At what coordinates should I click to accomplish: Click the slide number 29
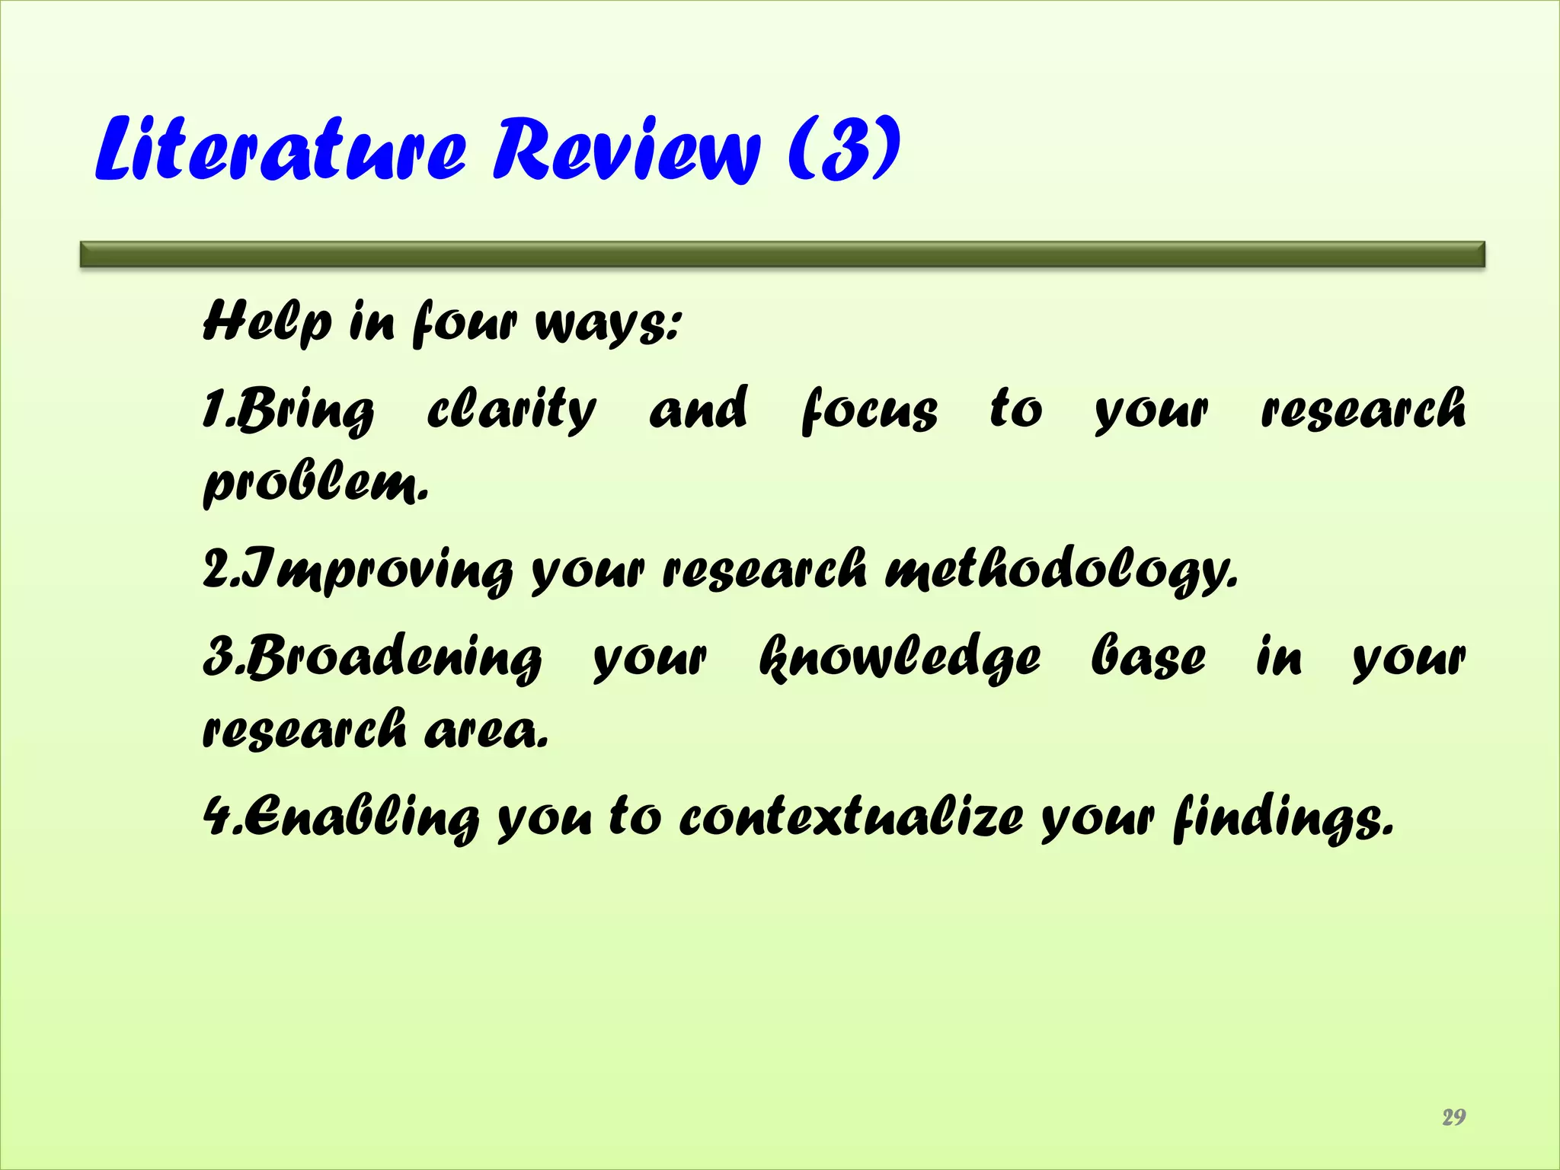[x=1453, y=1117]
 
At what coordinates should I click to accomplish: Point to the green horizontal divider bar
[x=782, y=254]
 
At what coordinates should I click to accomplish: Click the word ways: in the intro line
[x=607, y=324]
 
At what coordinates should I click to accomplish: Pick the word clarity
[x=511, y=410]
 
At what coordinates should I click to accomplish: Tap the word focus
[x=869, y=410]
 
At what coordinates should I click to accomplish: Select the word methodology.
[x=1061, y=570]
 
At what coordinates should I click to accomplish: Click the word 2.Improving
[x=358, y=570]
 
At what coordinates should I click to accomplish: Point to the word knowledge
[x=900, y=657]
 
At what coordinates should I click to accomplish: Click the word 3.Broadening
[x=372, y=657]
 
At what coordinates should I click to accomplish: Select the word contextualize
[x=851, y=817]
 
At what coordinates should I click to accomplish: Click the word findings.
[x=1283, y=818]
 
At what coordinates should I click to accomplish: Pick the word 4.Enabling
[x=341, y=818]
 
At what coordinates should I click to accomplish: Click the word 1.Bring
[x=289, y=410]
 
